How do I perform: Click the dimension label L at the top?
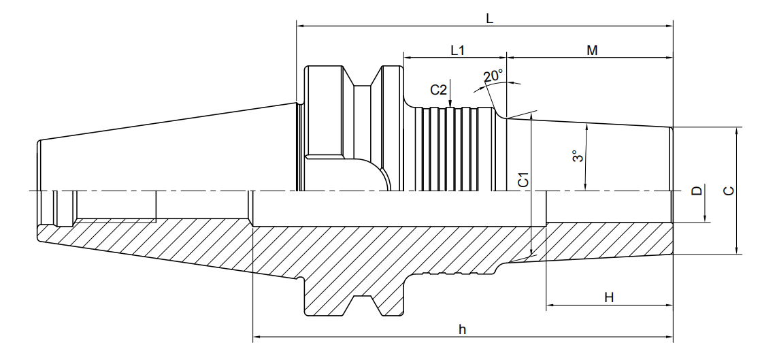489,19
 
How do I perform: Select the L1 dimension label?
457,50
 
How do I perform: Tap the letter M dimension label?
592,50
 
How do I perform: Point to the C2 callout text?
439,90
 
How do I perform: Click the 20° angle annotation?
493,76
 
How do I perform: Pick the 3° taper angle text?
577,157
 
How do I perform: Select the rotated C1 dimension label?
523,180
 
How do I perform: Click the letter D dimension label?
697,191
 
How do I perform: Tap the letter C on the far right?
729,191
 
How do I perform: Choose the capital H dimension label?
609,297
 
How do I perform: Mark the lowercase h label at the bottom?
463,330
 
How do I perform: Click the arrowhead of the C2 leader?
450,102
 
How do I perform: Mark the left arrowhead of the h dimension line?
258,338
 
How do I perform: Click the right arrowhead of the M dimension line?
668,58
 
